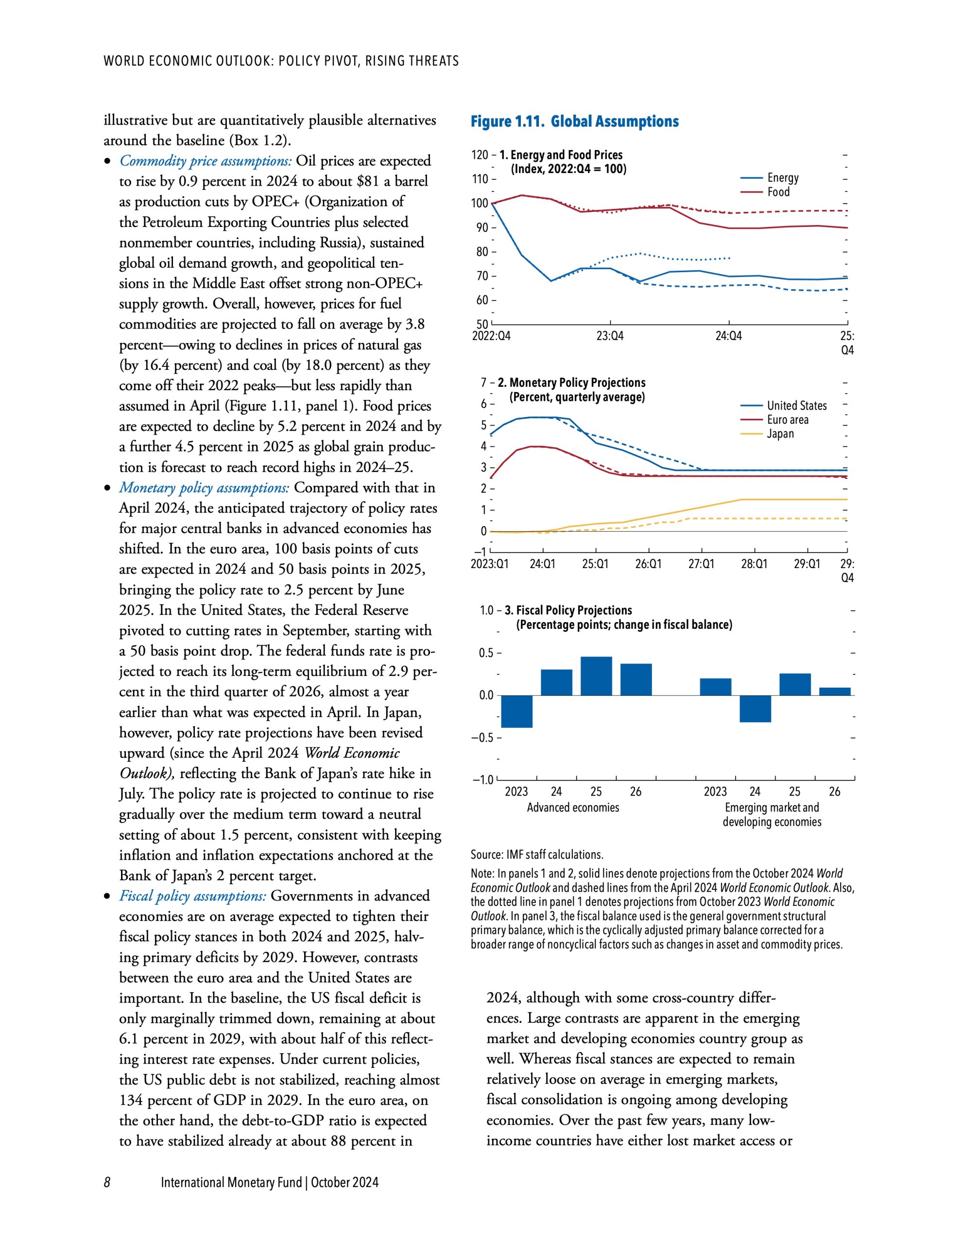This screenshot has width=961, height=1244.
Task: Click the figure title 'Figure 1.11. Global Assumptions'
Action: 574,121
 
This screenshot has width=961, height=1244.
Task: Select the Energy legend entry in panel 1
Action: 782,178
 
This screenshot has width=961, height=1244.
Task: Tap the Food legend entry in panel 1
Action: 778,192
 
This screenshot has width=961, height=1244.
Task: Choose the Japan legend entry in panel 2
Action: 780,433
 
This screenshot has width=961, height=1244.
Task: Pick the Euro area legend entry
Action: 787,420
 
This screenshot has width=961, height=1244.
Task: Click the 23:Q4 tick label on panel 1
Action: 610,336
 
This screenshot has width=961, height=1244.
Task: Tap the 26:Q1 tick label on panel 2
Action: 648,564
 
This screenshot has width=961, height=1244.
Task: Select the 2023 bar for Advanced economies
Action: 516,711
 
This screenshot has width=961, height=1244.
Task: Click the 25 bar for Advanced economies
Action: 596,676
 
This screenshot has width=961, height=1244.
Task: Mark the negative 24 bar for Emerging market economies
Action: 755,708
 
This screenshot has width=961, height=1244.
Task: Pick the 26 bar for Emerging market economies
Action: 835,691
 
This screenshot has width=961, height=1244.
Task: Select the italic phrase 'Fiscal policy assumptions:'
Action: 192,896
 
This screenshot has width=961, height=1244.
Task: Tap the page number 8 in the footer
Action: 107,1182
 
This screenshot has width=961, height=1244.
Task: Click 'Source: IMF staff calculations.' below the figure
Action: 536,854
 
